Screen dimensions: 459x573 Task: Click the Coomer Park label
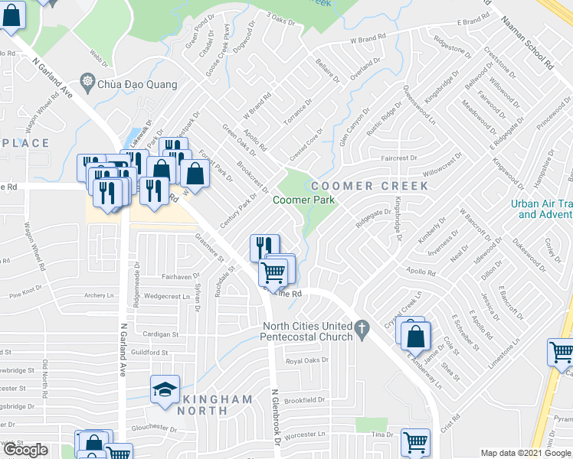tap(304, 200)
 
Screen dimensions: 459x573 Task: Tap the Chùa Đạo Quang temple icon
tap(87, 82)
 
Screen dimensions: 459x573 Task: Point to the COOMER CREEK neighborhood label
tap(363, 186)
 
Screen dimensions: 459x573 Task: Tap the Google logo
tap(25, 450)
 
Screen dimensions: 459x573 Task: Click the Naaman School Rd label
tap(528, 46)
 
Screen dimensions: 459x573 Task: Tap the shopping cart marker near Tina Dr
tap(415, 441)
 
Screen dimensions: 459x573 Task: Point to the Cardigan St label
tap(160, 334)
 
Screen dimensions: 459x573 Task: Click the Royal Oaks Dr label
tap(306, 360)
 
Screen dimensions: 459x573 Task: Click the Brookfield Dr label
tap(305, 400)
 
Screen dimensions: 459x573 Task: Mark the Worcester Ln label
tap(305, 434)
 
